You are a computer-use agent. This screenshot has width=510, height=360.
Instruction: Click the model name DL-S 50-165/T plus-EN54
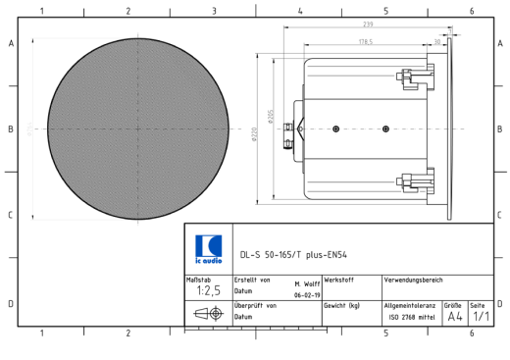[293, 254]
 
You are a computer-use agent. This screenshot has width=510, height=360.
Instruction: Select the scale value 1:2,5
[207, 290]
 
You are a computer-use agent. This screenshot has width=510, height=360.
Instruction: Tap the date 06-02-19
[306, 293]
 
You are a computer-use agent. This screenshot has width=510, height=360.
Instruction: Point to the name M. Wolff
[307, 281]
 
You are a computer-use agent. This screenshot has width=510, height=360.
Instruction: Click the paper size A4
[455, 316]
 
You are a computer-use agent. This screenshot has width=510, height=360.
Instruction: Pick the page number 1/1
[481, 316]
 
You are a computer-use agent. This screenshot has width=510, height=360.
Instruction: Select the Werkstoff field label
[339, 281]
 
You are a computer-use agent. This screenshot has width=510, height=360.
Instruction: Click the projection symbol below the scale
[208, 315]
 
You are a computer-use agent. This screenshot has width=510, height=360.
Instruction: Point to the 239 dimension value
[368, 24]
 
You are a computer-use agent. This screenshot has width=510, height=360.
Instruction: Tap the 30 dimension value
[437, 41]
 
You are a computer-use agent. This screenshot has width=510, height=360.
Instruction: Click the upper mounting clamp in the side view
[416, 76]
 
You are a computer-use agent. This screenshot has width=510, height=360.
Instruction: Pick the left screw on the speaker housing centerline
[335, 129]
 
